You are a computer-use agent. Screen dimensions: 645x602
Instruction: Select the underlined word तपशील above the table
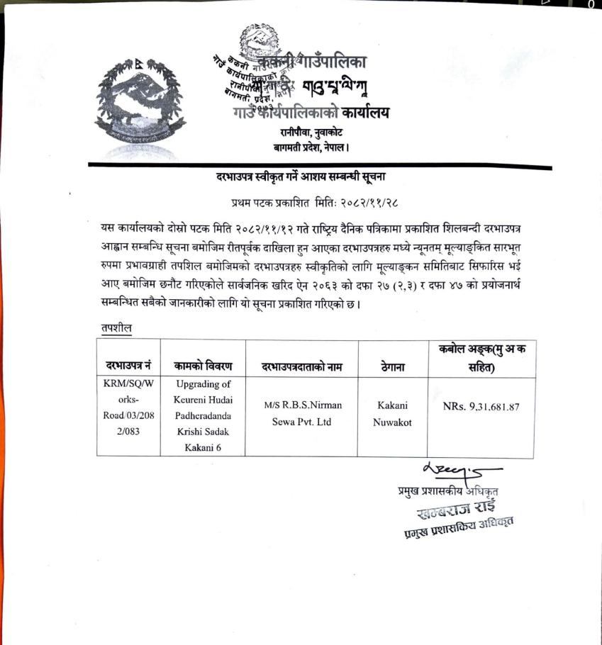pos(116,328)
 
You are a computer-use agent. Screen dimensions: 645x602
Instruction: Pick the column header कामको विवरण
pos(202,366)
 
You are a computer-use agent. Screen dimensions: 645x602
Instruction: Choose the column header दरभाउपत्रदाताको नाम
pos(302,366)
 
